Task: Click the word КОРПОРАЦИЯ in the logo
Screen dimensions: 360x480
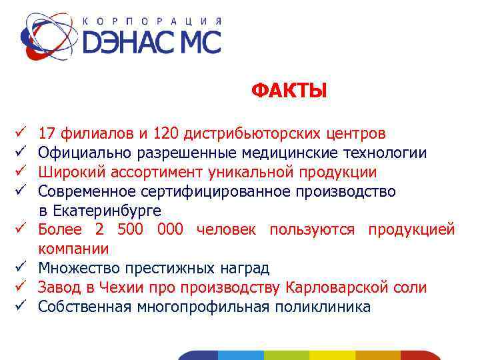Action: point(152,21)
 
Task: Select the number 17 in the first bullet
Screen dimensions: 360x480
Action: point(47,134)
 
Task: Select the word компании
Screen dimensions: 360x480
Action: point(73,249)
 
